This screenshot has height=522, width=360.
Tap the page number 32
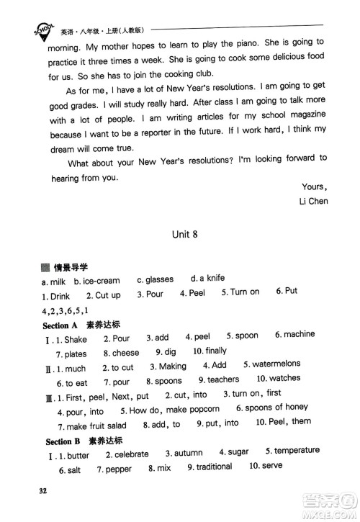pos(42,492)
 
